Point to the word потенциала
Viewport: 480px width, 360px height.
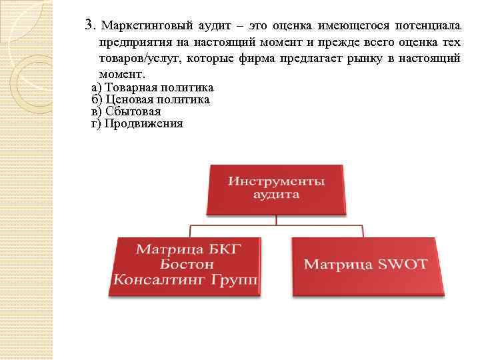pos(427,26)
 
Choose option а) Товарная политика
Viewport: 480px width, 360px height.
pos(153,88)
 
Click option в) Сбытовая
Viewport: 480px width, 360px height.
pos(126,111)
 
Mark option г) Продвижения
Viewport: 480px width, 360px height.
pos(137,123)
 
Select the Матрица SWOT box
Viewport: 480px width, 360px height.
pos(369,266)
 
